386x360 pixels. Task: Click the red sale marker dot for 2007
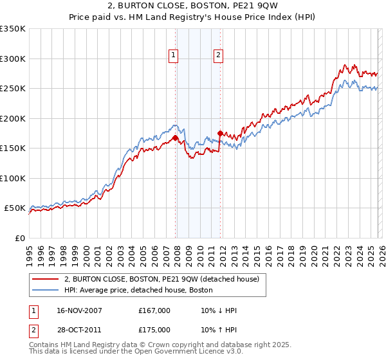click(175, 138)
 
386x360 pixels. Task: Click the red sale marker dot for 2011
click(220, 133)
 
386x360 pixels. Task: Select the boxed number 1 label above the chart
click(174, 56)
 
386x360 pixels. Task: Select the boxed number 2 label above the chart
click(219, 56)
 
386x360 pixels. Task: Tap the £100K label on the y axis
click(13, 178)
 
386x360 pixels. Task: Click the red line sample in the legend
click(45, 279)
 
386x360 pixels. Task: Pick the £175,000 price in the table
click(154, 329)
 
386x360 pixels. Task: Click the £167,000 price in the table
click(154, 310)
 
